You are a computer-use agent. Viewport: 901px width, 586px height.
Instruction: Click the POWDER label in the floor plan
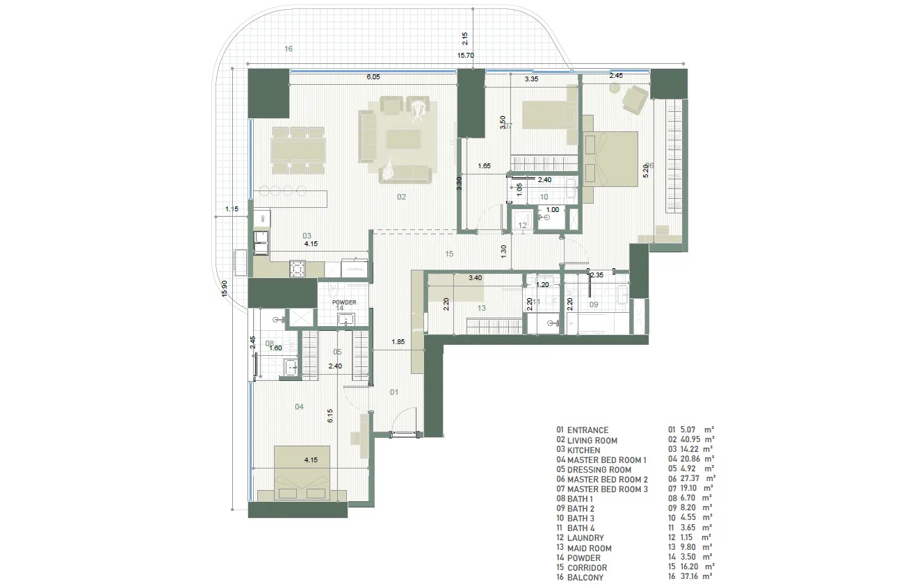[x=344, y=302]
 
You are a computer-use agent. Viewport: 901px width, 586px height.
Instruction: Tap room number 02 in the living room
[x=401, y=197]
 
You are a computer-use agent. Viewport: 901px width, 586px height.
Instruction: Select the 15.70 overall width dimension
[x=465, y=56]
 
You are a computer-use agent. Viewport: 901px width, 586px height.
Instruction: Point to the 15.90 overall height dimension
[x=223, y=288]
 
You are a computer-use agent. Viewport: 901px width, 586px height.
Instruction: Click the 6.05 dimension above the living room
[x=373, y=78]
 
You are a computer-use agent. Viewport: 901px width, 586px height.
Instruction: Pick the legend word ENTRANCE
[x=587, y=430]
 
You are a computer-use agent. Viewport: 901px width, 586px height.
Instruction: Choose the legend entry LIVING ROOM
[x=592, y=441]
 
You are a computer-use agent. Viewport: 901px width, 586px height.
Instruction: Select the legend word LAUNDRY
[x=585, y=538]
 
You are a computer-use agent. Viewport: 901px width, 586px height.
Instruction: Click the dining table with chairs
[x=298, y=150]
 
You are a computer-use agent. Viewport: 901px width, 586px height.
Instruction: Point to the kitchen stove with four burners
[x=298, y=269]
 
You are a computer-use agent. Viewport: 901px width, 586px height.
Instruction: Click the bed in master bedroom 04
[x=302, y=473]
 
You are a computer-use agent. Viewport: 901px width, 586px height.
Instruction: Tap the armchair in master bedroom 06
[x=635, y=99]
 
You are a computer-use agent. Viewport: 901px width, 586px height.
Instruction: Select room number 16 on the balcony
[x=289, y=49]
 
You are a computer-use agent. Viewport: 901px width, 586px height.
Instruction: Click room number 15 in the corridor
[x=449, y=254]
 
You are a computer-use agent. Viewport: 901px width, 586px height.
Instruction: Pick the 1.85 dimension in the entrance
[x=398, y=342]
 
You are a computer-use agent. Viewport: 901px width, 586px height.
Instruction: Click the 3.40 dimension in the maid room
[x=475, y=278]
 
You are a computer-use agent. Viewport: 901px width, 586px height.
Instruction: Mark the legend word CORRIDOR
[x=587, y=567]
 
